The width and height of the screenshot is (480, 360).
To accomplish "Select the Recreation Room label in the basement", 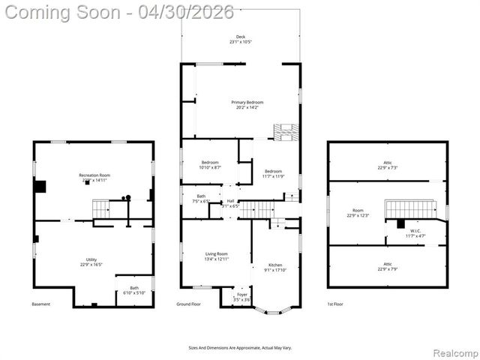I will point(94,178).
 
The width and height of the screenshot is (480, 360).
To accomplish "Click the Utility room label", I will point(91,260).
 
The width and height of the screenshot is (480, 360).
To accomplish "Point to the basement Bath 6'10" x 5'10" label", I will point(133,289).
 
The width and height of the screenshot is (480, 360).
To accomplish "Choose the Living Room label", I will point(217,256).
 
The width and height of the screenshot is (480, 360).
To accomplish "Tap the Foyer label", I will point(241,296).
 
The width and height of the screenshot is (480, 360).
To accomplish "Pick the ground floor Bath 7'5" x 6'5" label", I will point(201,199).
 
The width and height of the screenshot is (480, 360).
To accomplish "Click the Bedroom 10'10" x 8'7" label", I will point(210,165).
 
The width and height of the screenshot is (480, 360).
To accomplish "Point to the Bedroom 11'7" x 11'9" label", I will point(273,174).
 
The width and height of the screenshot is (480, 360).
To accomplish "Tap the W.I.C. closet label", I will point(415,233).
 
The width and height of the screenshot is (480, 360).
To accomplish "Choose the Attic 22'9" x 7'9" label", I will point(388,266).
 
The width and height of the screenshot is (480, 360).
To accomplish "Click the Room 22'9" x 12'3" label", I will point(358,213).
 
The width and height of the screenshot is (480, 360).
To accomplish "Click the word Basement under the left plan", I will point(41,304).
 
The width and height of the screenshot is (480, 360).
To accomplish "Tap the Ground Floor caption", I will point(189,304).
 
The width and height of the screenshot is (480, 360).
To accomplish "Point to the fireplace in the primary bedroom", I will point(285,132).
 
